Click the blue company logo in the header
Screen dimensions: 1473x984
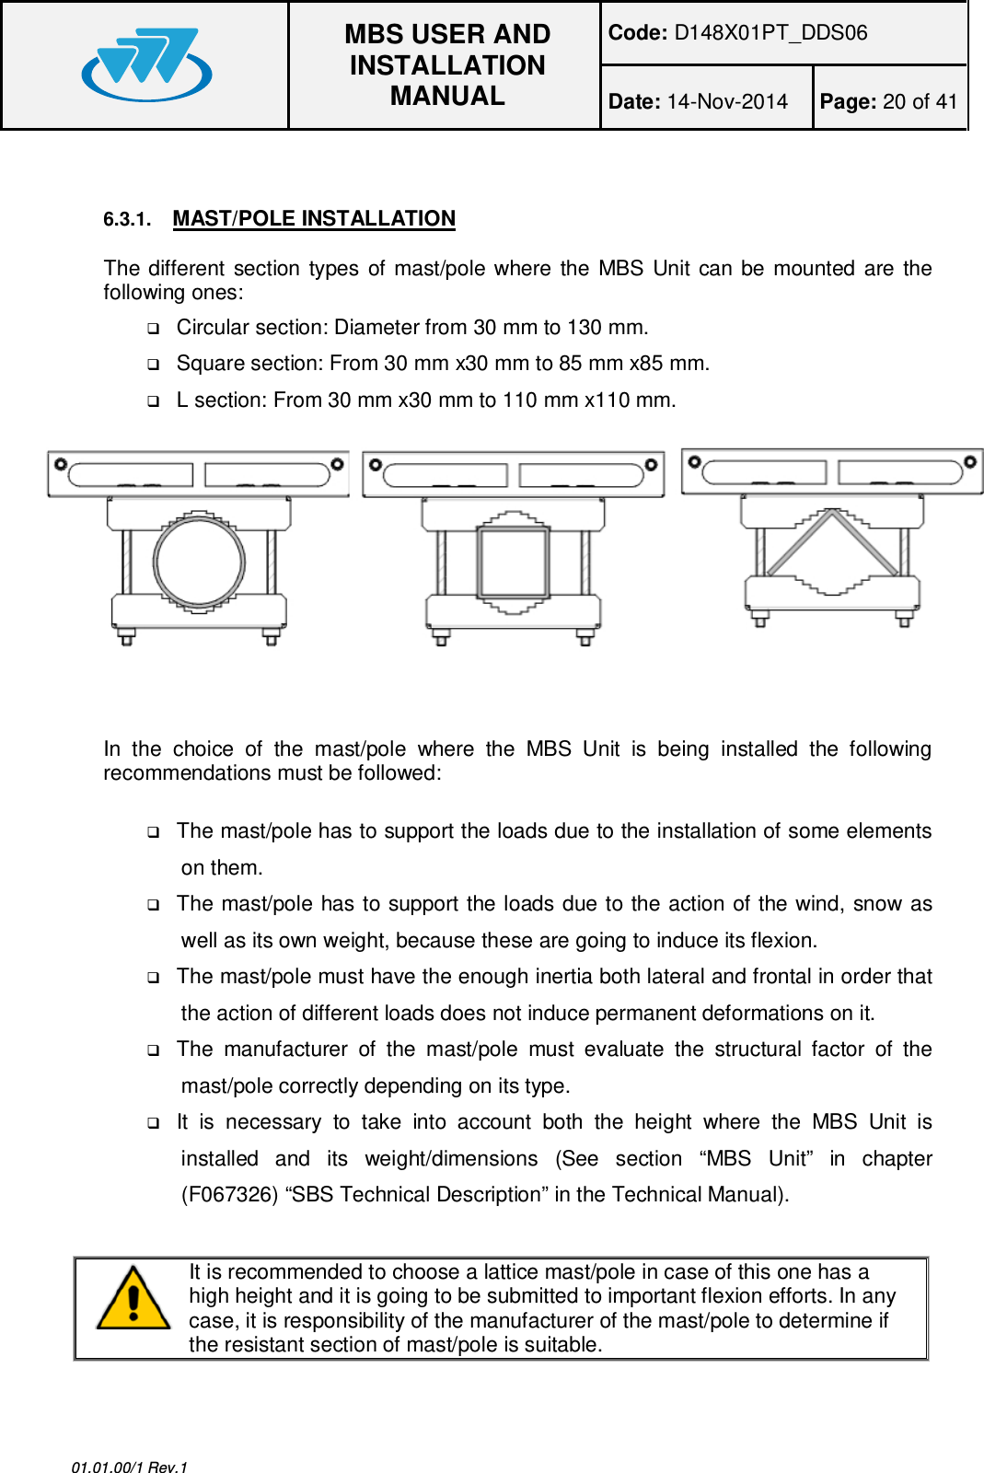click(147, 64)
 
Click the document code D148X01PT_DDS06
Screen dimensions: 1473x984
click(770, 33)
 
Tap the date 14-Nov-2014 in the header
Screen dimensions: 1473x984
click(727, 101)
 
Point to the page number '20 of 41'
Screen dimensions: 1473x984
click(920, 101)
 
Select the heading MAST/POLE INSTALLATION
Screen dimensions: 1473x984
click(314, 218)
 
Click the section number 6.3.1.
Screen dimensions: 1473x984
click(126, 219)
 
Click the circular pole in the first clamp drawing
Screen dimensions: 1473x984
click(199, 561)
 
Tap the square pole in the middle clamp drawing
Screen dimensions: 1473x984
click(514, 561)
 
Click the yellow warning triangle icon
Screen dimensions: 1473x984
click(133, 1298)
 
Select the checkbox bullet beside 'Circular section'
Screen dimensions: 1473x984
click(154, 328)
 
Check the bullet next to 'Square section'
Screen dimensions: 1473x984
click(154, 365)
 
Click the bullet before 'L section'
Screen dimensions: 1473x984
click(154, 401)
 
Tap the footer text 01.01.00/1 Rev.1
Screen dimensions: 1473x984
click(129, 1467)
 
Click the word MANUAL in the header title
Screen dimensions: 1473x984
click(447, 96)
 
